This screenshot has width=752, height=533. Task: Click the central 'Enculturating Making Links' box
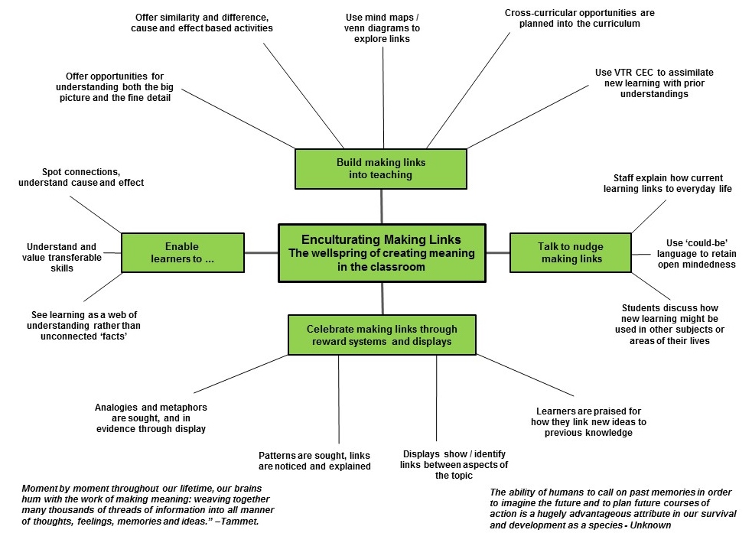(381, 252)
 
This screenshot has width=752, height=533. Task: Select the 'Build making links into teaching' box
(380, 168)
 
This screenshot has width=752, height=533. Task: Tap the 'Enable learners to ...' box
(182, 252)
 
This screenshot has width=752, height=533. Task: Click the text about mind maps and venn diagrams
(382, 28)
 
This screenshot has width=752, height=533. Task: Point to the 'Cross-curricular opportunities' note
(579, 18)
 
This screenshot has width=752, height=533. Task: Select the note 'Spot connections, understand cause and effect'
(81, 177)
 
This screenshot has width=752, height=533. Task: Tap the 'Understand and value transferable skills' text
(62, 258)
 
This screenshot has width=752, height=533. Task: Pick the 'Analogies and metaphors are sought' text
(151, 418)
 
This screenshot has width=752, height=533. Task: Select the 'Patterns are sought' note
(314, 460)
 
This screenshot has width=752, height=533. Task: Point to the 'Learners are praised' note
(588, 422)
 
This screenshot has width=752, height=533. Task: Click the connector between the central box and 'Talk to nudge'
(497, 252)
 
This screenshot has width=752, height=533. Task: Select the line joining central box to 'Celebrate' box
(381, 297)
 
